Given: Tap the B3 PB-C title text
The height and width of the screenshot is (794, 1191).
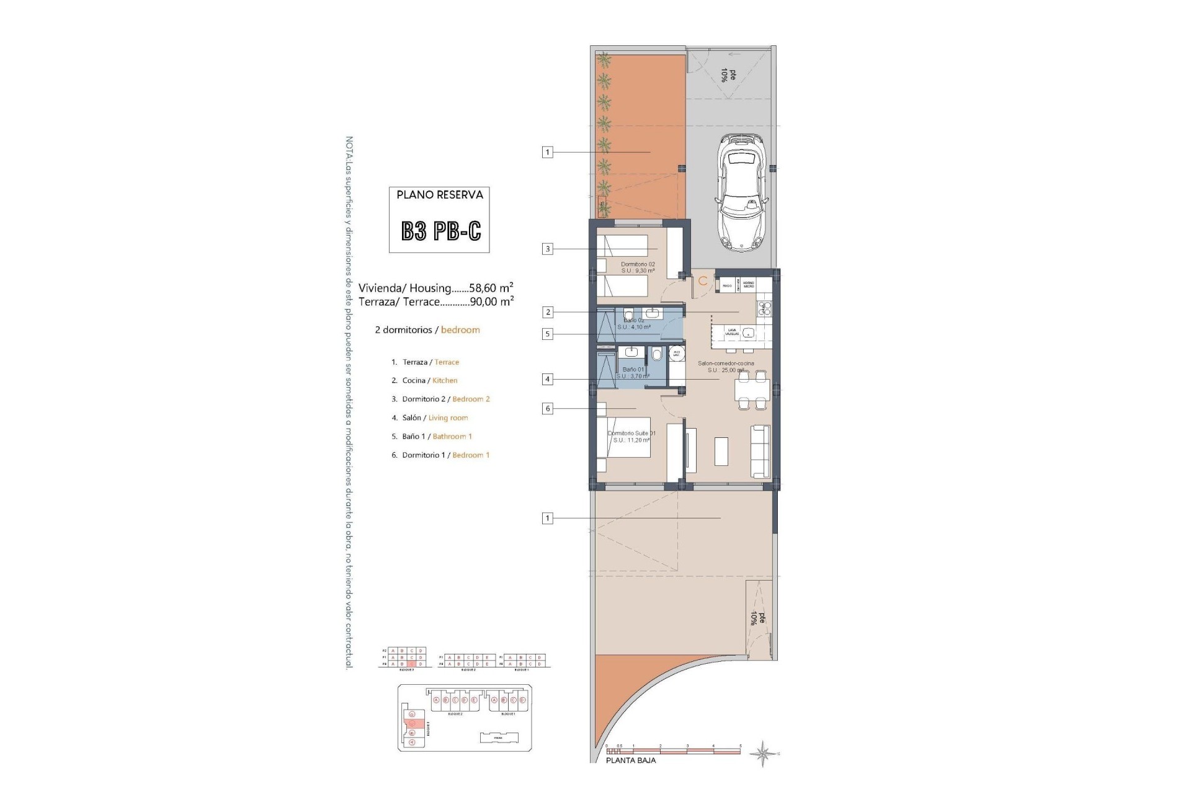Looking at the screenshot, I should pos(440,231).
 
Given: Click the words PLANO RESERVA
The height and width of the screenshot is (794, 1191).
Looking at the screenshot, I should pos(439,195).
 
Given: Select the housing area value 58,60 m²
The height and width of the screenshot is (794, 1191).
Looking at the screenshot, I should pos(491,288).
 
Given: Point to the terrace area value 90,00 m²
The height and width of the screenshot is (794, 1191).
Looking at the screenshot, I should pos(491,301).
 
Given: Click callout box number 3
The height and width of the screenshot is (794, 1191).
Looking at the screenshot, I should pos(547,249).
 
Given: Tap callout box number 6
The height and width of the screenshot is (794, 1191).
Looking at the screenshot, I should pos(547,409).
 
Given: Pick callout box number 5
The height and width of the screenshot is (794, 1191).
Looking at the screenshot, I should pos(547,334).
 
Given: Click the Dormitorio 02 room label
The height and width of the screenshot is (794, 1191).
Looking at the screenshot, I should pos(637,264).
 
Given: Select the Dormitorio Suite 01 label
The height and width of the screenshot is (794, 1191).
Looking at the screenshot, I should pos(631,433).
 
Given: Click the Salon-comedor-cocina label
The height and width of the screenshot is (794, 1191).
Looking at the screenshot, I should pos(725,364).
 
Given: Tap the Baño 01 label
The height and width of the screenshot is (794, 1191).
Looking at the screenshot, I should pos(633,370).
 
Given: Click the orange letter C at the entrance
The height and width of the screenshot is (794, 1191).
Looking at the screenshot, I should pos(703,281).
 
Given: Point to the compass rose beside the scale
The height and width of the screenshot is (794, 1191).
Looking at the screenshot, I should pos(763,754).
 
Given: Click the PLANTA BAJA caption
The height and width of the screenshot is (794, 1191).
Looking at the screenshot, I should pos(630,761).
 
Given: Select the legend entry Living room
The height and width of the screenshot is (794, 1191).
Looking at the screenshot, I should pos(448,418).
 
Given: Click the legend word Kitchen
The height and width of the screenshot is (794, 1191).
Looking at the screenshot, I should pos(445,381).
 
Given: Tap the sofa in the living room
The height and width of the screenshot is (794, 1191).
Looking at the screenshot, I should pos(760,451).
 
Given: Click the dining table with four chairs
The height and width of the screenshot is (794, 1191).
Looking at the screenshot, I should pos(752,390).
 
